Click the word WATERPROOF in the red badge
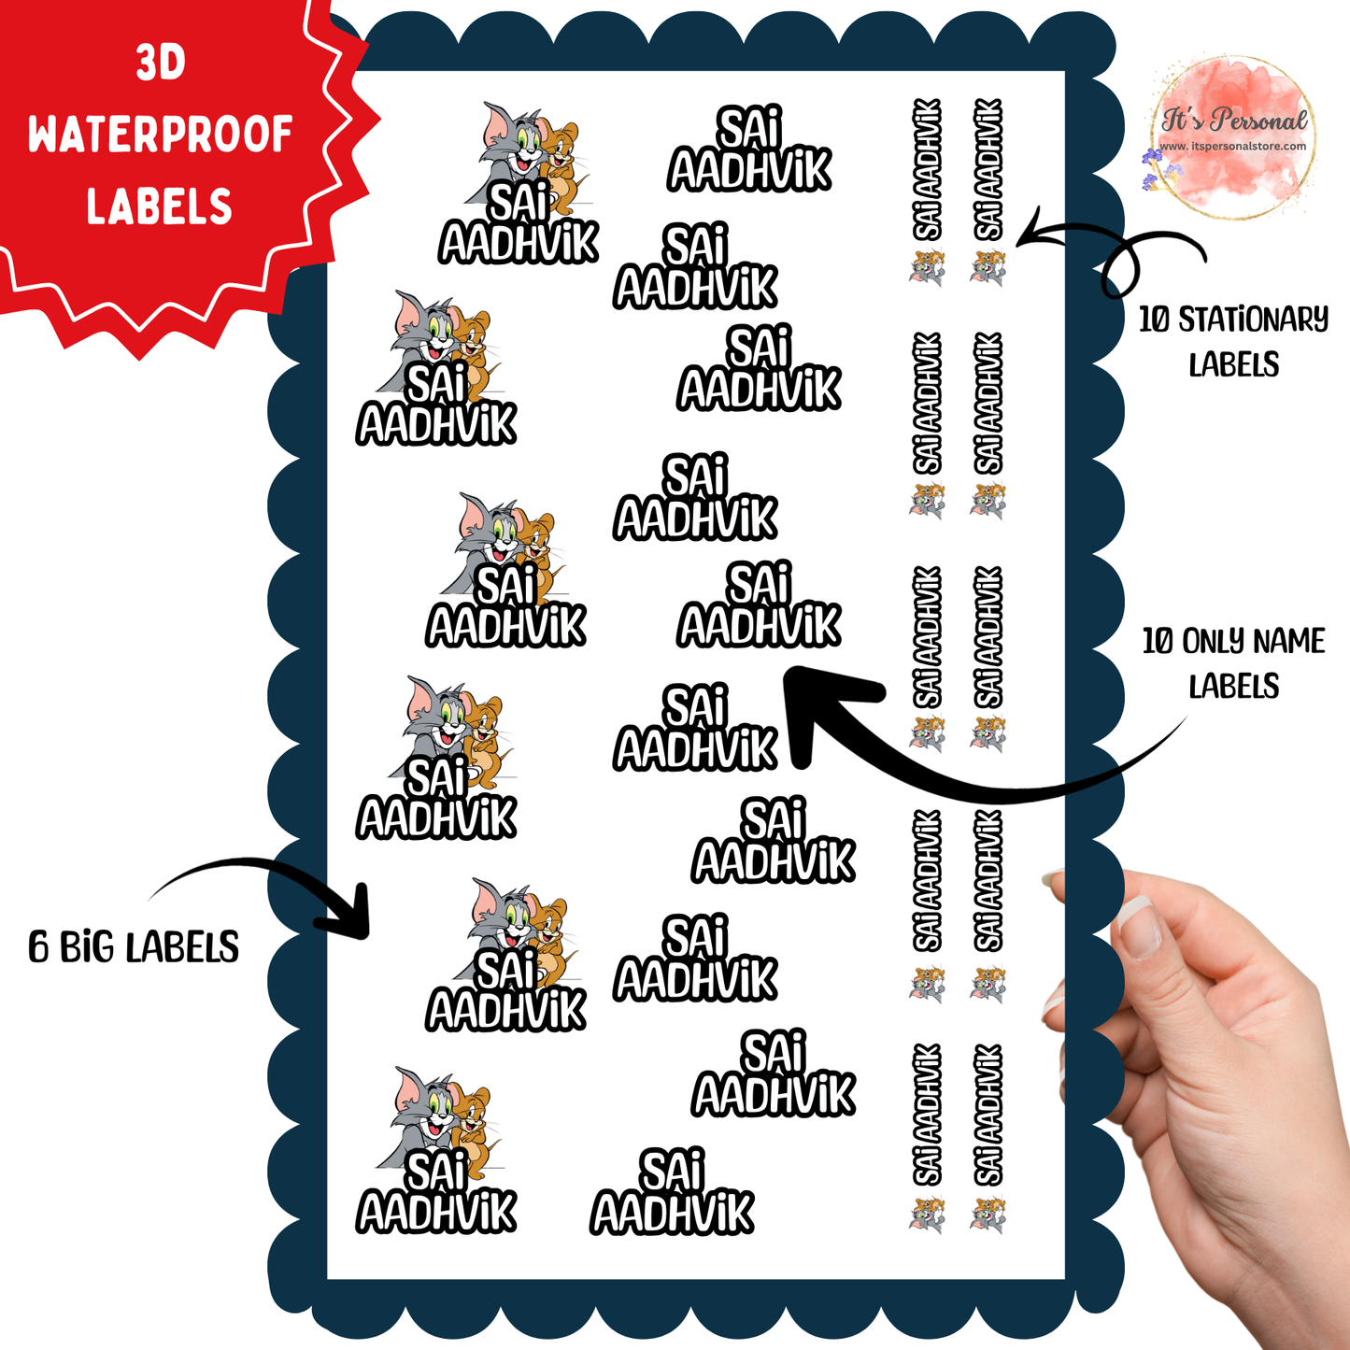(x=161, y=135)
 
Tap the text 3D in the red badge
(x=161, y=64)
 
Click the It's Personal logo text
(x=1234, y=120)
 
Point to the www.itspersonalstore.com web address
(x=1233, y=147)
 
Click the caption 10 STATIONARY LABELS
(x=1234, y=341)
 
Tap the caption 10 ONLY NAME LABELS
(x=1234, y=662)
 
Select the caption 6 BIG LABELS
(x=134, y=946)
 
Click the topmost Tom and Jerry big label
(x=519, y=183)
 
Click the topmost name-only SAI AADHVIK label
(x=749, y=149)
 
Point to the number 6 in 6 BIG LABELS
(x=37, y=946)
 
